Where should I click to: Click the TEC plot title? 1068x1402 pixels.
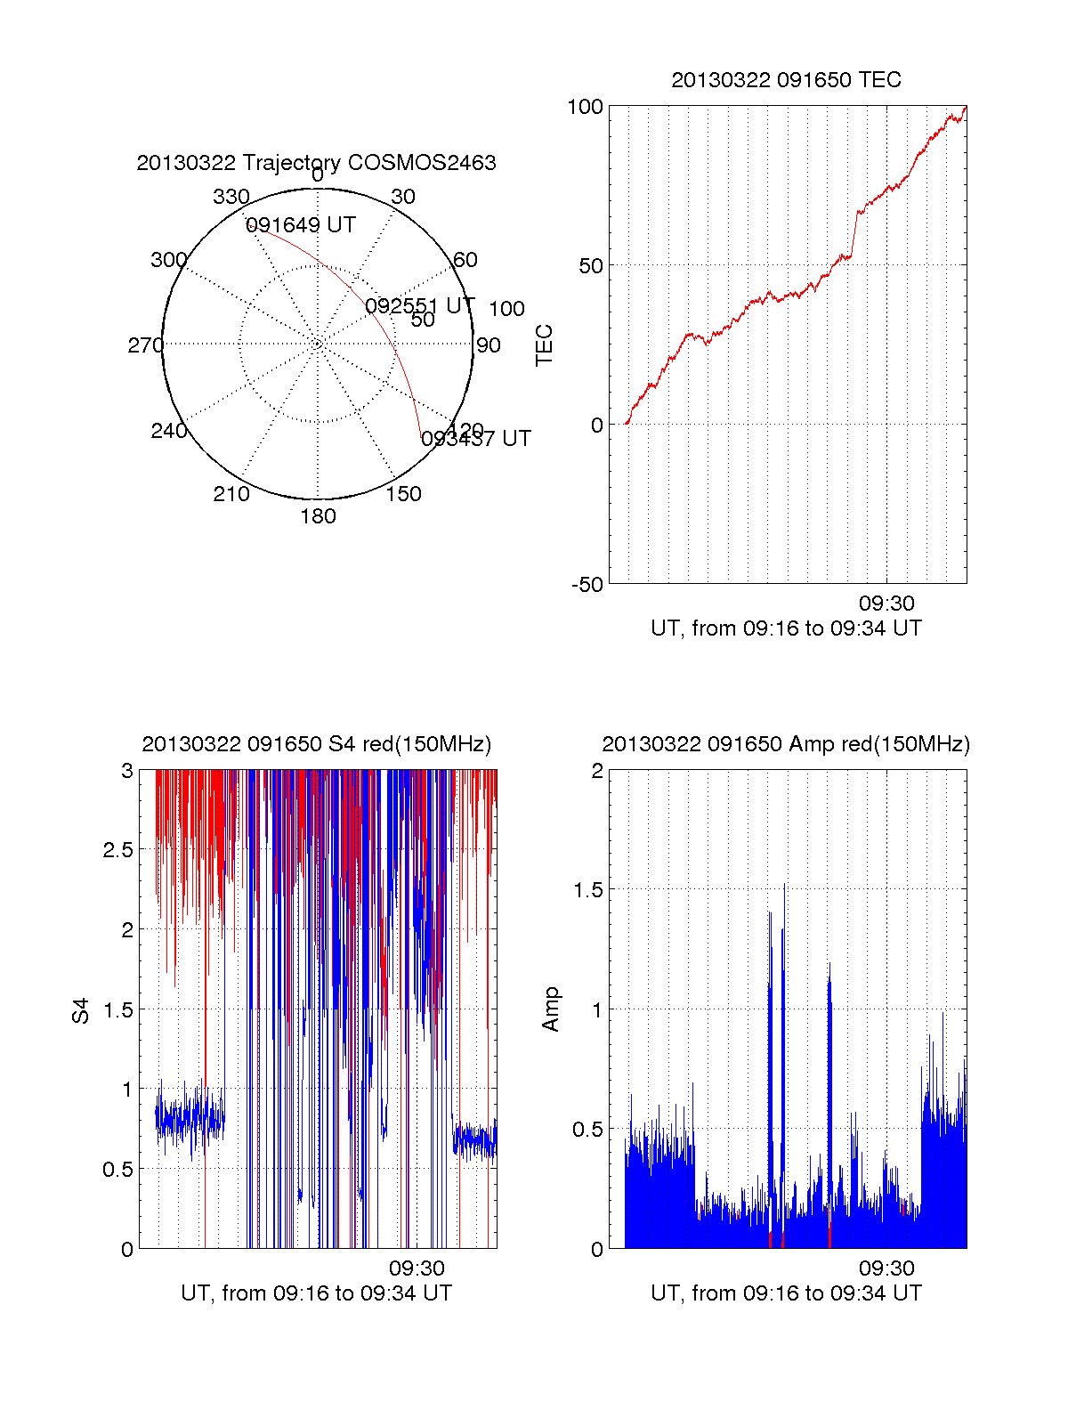(786, 80)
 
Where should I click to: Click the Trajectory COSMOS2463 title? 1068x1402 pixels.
(316, 163)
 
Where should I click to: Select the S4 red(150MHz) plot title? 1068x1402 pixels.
(316, 744)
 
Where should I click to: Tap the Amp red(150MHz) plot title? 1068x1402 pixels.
(786, 744)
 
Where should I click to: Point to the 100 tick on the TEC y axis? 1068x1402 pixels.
(585, 107)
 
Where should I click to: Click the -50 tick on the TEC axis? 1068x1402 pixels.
(587, 585)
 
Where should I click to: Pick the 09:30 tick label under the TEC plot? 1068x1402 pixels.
(886, 604)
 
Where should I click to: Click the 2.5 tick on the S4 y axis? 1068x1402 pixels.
(118, 850)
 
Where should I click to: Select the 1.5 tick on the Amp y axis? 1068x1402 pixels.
(587, 890)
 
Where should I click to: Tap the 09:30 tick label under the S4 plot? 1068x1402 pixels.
(417, 1268)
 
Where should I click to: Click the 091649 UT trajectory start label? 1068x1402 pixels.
(301, 225)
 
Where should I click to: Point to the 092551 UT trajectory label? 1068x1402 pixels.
(420, 306)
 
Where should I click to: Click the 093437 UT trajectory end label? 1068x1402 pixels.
(476, 439)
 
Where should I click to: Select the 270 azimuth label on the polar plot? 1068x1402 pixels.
(145, 345)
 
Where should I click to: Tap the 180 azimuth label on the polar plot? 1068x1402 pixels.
(318, 516)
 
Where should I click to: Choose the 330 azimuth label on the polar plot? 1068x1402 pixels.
(231, 197)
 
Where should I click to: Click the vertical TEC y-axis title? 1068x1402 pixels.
(544, 344)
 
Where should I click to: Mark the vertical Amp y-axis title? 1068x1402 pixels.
(551, 1009)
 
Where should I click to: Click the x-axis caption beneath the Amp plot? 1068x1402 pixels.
(786, 1293)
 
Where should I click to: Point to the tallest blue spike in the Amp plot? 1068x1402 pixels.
(784, 886)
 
